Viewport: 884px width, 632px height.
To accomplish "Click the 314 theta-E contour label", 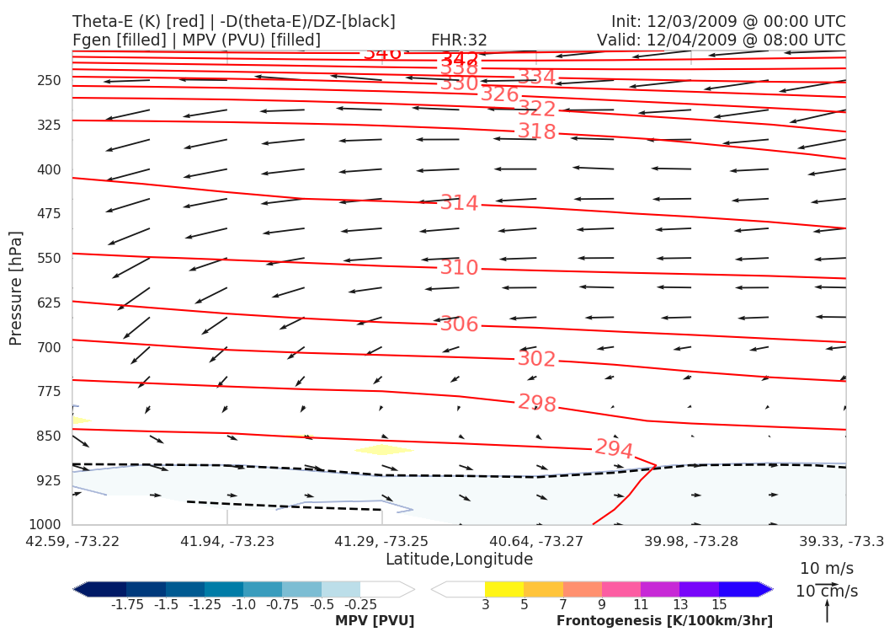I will tap(459, 203).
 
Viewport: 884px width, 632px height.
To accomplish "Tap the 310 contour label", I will tap(459, 268).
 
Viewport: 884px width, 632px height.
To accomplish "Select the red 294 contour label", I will tap(614, 449).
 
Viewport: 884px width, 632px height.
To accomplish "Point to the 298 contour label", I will tap(536, 403).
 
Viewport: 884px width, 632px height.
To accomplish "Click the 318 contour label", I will tap(536, 131).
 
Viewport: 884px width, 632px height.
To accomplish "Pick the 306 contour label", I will tap(459, 324).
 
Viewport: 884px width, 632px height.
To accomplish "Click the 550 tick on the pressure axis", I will tap(49, 258).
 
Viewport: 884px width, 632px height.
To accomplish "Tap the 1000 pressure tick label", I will tap(45, 525).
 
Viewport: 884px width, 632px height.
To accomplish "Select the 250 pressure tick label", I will tap(49, 81).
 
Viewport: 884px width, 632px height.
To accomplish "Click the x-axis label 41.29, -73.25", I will tap(382, 540).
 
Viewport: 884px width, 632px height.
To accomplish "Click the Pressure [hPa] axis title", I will tap(16, 287).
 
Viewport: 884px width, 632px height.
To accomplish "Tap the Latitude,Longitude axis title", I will tap(459, 560).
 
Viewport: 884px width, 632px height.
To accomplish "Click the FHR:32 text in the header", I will tap(459, 40).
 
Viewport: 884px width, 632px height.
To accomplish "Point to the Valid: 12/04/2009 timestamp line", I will tap(721, 40).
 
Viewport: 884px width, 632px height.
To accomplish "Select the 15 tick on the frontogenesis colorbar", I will tap(718, 604).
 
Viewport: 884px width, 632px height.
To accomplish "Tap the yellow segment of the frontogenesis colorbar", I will tap(503, 589).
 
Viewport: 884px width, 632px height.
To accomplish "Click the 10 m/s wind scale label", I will tap(826, 568).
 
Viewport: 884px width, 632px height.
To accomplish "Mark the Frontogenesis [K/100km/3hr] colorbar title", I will tap(663, 621).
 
